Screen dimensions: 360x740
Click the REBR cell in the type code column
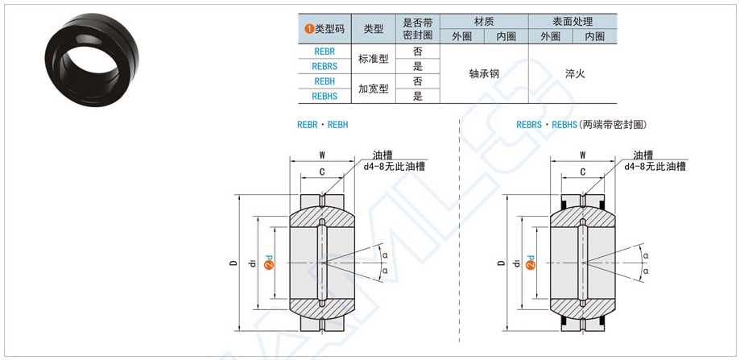[325, 51]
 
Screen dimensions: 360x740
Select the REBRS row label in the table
[325, 66]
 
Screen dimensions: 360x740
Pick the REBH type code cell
[325, 81]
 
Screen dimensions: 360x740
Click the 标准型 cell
[373, 59]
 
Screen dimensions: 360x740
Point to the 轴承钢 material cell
[484, 73]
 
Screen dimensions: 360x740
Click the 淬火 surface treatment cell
[574, 73]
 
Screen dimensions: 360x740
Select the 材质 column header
[484, 21]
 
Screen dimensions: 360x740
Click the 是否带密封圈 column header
[417, 28]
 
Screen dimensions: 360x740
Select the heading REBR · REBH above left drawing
[323, 125]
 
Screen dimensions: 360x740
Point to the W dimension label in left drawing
[322, 155]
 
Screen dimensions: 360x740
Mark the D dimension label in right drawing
[501, 263]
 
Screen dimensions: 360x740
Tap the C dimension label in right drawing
[582, 172]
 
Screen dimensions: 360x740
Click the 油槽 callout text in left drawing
[382, 155]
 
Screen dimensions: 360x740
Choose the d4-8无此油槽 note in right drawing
[655, 167]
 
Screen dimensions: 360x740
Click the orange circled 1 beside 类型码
[308, 29]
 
